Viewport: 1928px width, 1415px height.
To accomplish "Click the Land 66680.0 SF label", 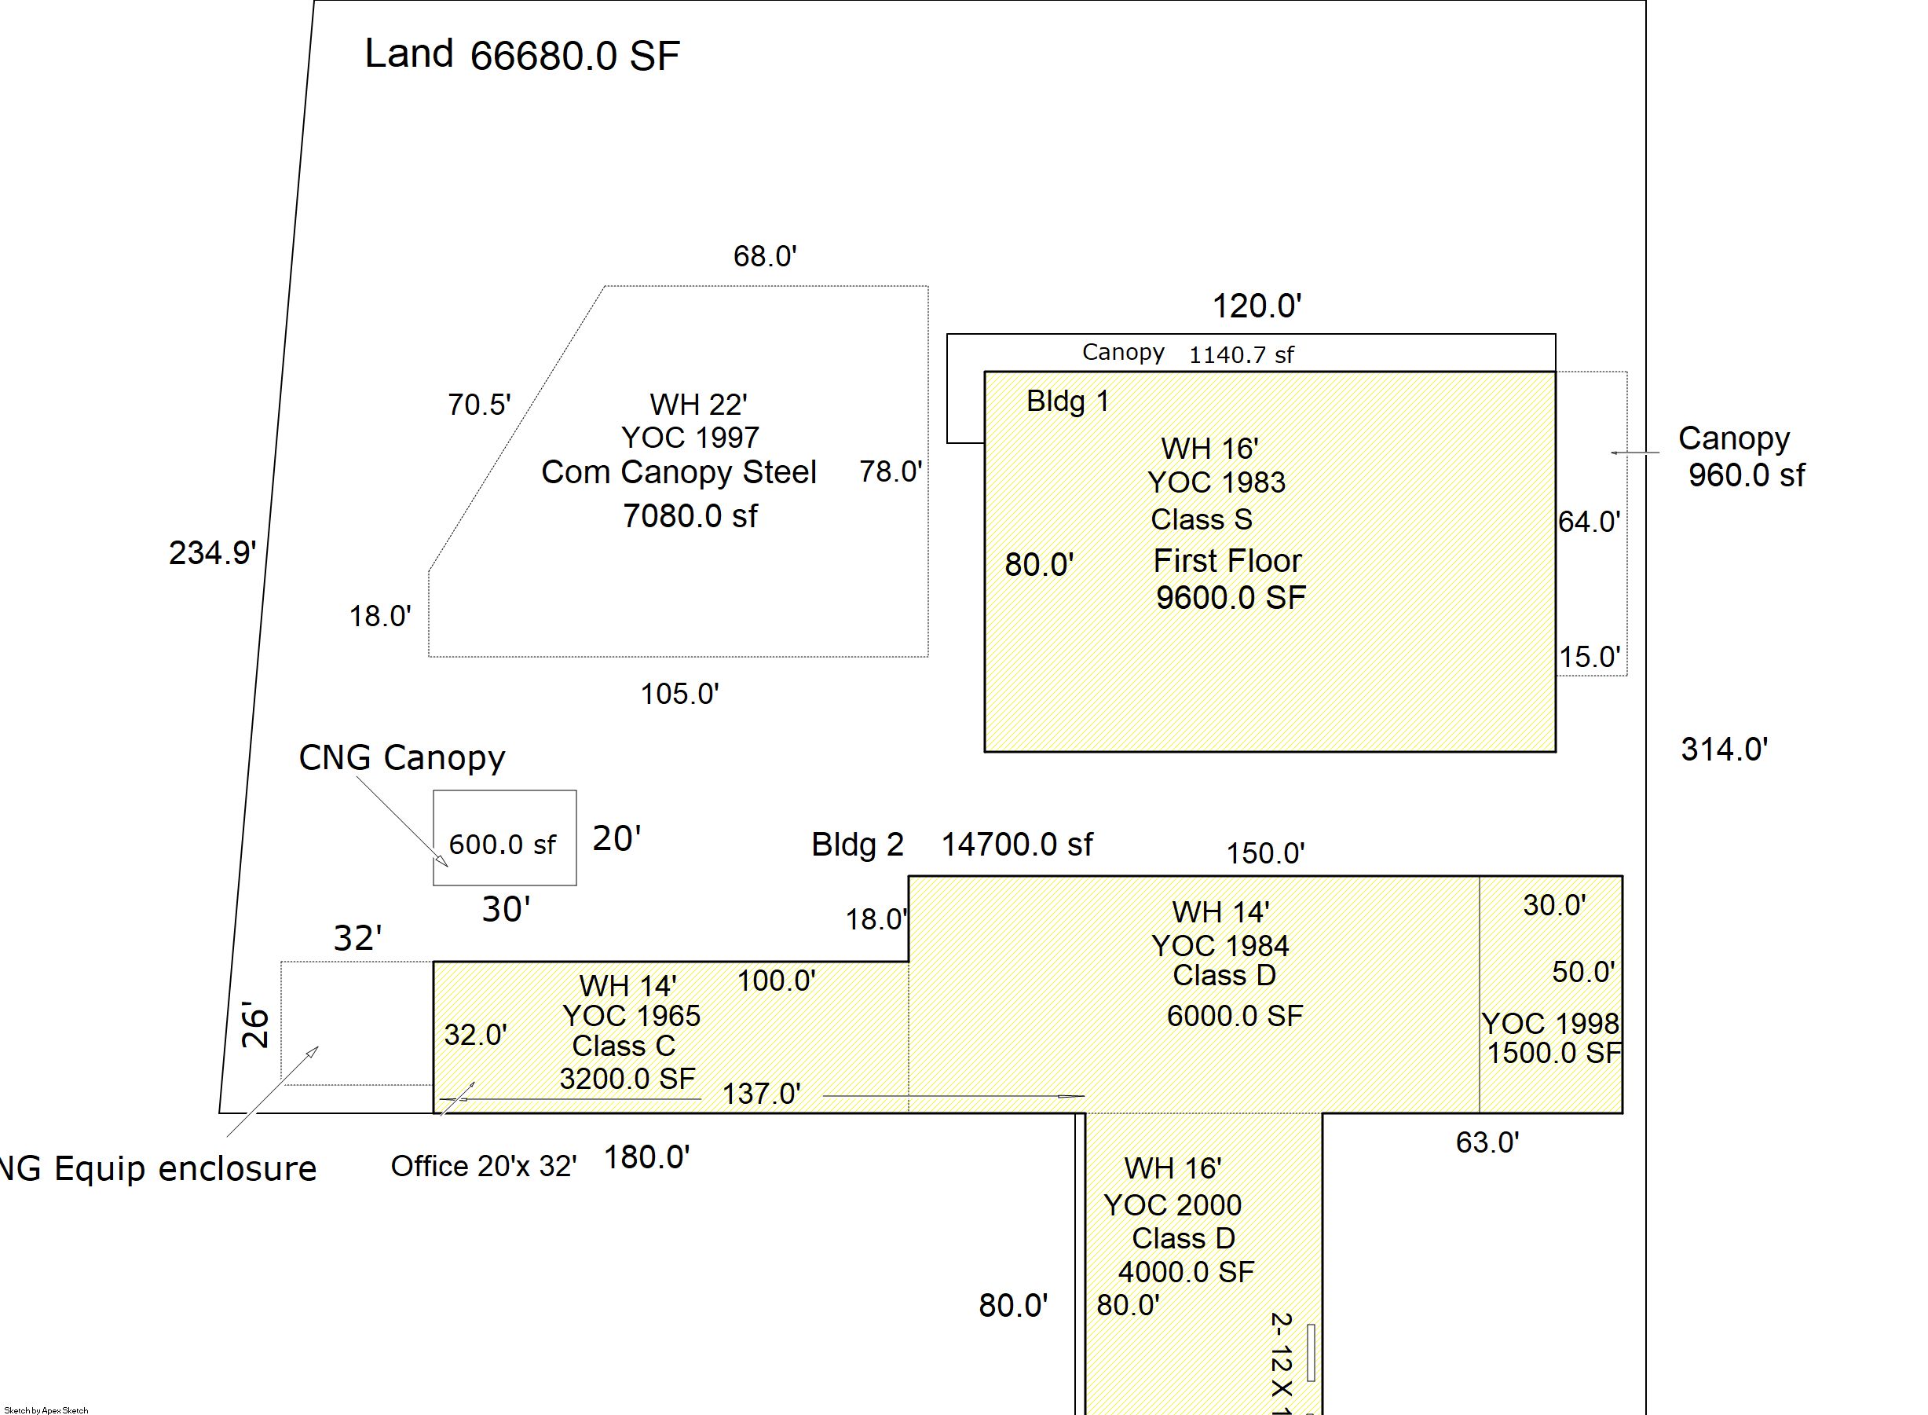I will [522, 55].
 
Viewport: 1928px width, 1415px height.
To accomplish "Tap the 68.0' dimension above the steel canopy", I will [764, 256].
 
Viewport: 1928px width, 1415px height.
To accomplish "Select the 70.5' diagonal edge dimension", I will [479, 405].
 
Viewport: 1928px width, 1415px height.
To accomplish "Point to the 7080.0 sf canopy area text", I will [690, 515].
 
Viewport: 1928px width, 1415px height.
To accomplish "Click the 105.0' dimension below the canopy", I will [680, 694].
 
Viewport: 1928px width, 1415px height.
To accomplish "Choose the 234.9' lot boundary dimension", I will [212, 552].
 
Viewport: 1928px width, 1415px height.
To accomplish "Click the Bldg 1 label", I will [1067, 401].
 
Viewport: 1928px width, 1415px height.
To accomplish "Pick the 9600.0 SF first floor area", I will [1231, 598].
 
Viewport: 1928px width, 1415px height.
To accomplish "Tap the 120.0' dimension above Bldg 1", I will [1257, 306].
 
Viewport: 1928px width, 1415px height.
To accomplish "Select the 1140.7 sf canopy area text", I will [1242, 354].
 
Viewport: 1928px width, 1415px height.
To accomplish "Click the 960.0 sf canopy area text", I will [1747, 475].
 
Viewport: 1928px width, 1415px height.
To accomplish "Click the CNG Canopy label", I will [401, 758].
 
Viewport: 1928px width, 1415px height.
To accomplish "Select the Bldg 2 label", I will [857, 845].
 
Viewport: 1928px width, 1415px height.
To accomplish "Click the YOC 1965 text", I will [631, 1016].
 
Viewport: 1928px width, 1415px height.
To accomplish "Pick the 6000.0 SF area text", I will [1235, 1016].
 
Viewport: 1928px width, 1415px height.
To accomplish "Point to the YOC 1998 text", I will [1549, 1024].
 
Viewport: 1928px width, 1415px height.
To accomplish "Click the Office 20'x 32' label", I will [484, 1167].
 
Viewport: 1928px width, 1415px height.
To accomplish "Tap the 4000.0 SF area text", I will [1186, 1272].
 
